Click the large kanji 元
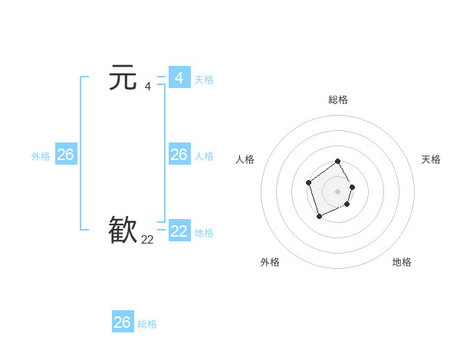pos(123,78)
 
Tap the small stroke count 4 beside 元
pos(147,86)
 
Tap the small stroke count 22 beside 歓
pos(147,239)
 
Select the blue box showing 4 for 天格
pos(179,78)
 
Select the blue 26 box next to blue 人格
pos(179,155)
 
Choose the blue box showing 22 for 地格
pos(179,231)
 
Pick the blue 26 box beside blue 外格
pos(65,155)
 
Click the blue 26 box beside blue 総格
pos(123,322)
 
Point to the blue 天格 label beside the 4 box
pos(204,79)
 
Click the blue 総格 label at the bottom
pos(147,324)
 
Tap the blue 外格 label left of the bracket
pos(41,156)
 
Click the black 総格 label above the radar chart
pos(338,100)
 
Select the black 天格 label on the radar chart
pos(431,159)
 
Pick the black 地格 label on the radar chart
pos(402,262)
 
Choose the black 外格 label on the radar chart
pos(270,262)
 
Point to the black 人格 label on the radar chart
pos(245,159)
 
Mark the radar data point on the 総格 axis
pos(338,162)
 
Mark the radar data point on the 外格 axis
pos(319,218)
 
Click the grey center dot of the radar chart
pos(338,191)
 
